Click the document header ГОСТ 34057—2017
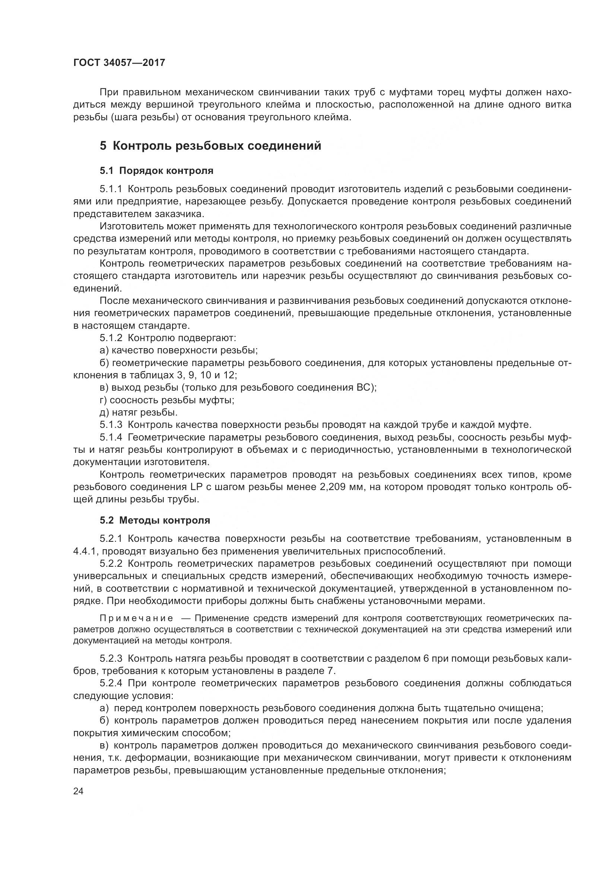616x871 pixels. tap(119, 63)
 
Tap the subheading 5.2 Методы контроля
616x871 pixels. tap(155, 520)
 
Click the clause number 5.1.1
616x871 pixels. tap(111, 189)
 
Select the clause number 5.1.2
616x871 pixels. tap(111, 338)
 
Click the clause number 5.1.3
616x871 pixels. tap(111, 425)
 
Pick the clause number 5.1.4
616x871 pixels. tap(111, 437)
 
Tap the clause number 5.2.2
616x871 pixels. tap(111, 564)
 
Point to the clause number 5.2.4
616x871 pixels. tap(111, 683)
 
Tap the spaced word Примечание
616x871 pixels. tap(137, 619)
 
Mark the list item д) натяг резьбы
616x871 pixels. tap(139, 412)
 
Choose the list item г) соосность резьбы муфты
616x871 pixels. tap(167, 400)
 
